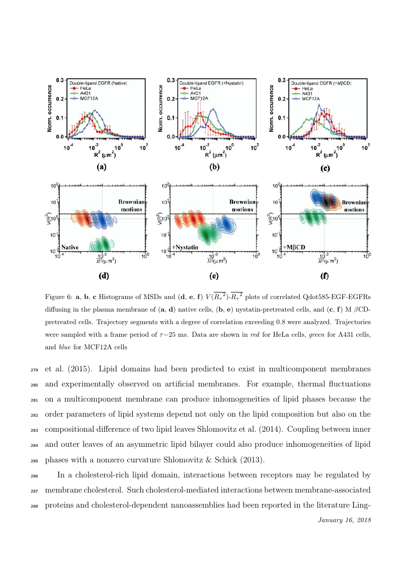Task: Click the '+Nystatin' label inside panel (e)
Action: (185, 247)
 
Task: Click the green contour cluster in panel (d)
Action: (100, 244)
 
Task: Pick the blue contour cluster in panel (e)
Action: (225, 224)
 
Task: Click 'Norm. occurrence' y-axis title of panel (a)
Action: (50, 108)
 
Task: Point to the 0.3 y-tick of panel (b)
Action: (171, 80)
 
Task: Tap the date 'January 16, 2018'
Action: (345, 520)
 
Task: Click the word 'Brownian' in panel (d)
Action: (132, 202)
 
